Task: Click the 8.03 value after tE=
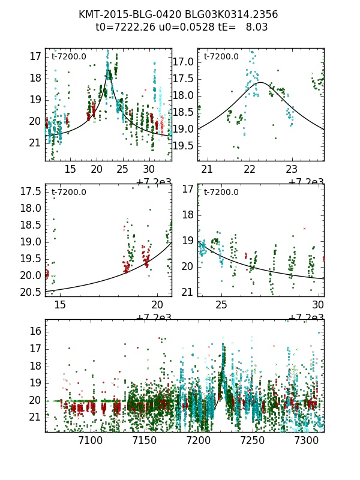tap(256, 27)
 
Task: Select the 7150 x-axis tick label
tap(122, 440)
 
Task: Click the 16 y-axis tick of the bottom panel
tap(36, 331)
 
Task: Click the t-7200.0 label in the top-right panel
tap(221, 57)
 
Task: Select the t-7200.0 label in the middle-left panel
tap(69, 193)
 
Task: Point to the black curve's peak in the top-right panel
tap(262, 82)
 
